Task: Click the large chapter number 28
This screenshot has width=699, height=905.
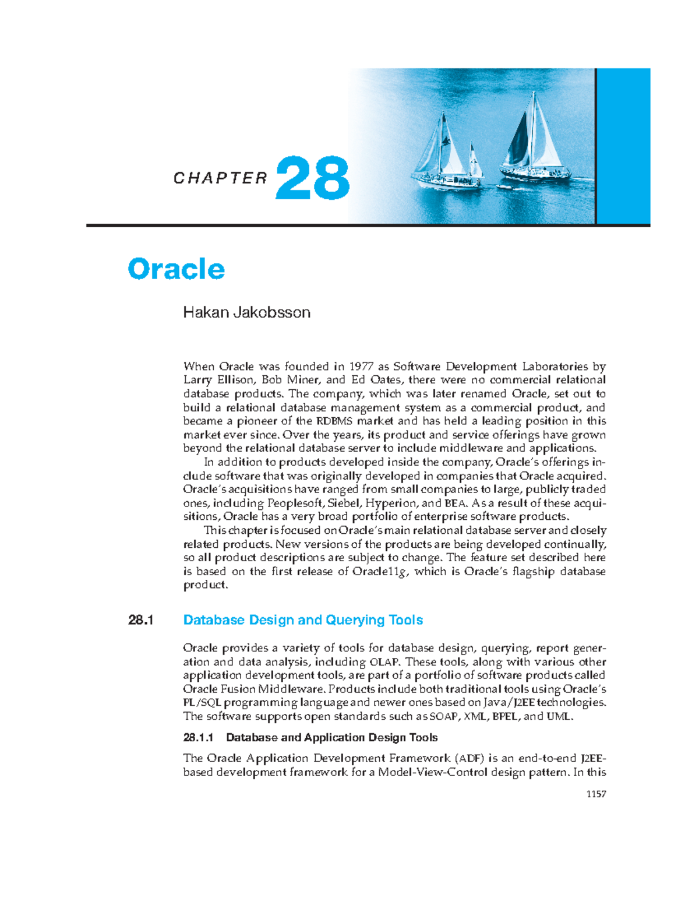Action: point(313,178)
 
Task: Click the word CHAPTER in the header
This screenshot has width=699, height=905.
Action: point(220,178)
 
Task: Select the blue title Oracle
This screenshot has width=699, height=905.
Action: point(176,269)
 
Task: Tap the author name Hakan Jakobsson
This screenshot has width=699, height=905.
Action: point(246,312)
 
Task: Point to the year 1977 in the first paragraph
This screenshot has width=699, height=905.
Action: point(361,367)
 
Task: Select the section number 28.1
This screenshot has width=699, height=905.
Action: point(140,620)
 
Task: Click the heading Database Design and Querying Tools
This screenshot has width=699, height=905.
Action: point(303,620)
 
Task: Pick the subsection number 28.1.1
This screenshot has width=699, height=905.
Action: point(199,738)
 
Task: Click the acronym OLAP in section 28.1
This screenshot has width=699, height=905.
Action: point(385,662)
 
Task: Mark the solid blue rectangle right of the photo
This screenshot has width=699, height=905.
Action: point(623,146)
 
